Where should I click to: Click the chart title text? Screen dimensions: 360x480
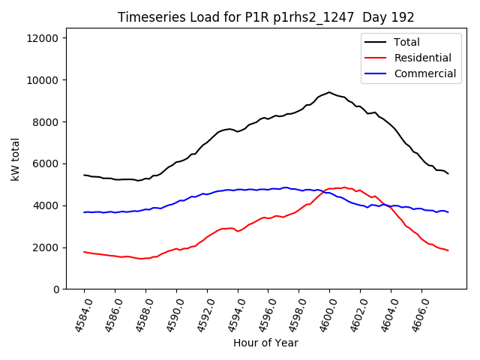[267, 17]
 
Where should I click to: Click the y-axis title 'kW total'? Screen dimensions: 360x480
[16, 163]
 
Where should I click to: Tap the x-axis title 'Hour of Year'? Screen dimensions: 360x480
[265, 343]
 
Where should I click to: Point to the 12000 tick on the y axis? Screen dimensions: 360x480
[46, 38]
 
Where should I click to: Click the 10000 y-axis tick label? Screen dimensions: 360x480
[46, 80]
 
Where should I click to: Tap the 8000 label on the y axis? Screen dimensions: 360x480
[49, 122]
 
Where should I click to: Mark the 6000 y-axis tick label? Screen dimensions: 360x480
[49, 163]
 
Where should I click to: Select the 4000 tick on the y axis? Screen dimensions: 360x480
[49, 205]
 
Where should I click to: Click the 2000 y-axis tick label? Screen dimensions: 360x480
[49, 247]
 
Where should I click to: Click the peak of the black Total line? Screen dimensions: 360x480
[329, 92]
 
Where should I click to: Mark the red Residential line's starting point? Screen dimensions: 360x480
[84, 252]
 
